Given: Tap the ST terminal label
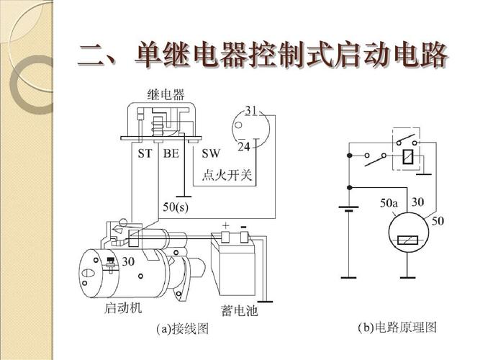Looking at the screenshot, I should pos(145,153).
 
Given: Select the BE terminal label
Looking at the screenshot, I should pos(171,153).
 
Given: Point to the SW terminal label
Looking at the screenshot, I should pos(210,153).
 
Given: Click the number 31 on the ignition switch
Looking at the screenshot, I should pos(251,110).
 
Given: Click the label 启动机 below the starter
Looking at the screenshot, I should pos(124,308).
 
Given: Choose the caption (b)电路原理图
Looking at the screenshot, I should pos(397,328).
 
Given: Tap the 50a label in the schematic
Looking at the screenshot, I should pos(389,204).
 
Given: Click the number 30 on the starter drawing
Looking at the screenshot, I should pos(128,261).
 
